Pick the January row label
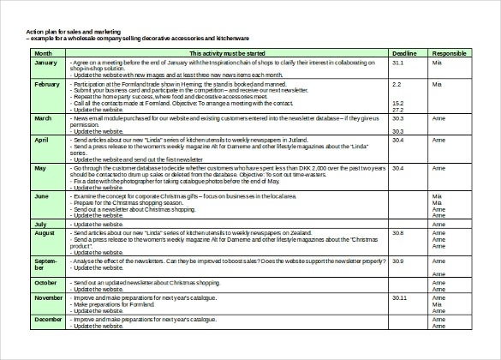coord(45,63)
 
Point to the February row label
coord(47,84)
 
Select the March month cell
coord(43,117)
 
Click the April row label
coord(41,139)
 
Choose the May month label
coord(39,168)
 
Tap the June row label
coord(41,196)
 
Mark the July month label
coord(40,224)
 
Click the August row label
coord(45,233)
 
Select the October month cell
coord(45,282)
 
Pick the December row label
coord(48,319)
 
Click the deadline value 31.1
coord(397,63)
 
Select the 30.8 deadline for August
coord(397,233)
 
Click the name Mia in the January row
coord(437,63)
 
